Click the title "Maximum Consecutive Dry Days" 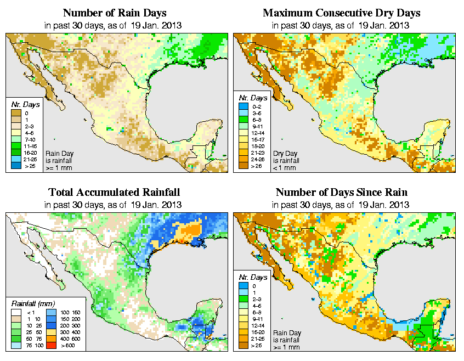(x=341, y=13)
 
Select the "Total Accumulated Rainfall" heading (x=114, y=193)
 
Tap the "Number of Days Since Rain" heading (x=341, y=193)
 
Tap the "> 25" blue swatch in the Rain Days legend (x=15, y=165)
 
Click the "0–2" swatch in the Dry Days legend (x=242, y=112)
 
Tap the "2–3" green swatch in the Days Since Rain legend (x=242, y=299)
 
